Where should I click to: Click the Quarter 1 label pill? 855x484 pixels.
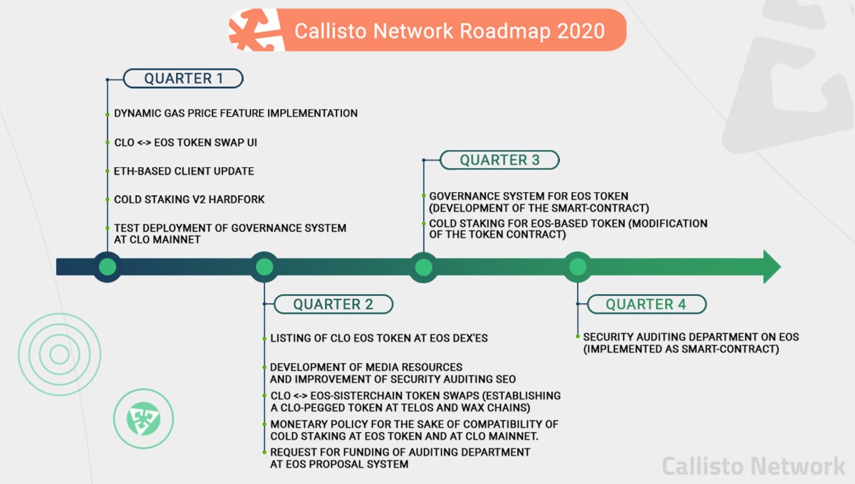tap(183, 78)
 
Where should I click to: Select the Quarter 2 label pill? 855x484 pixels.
tap(333, 304)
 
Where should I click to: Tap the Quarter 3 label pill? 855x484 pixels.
tap(499, 160)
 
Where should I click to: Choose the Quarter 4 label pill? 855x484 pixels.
tap(647, 304)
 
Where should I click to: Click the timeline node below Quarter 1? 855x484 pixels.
tap(108, 267)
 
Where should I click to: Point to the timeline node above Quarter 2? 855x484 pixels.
tap(264, 267)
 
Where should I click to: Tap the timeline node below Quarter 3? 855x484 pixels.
tap(424, 267)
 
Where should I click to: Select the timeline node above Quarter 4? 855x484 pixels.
tap(578, 267)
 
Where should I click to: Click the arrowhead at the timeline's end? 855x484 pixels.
tap(772, 267)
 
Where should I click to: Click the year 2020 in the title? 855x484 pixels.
tap(581, 31)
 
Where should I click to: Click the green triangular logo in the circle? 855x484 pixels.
tap(143, 419)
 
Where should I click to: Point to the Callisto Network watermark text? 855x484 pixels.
tap(754, 466)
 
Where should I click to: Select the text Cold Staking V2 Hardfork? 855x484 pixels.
tap(190, 199)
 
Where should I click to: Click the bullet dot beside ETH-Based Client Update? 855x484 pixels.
tap(108, 172)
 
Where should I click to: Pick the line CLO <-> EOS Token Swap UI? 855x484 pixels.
tap(185, 142)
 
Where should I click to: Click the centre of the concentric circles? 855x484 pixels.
tap(60, 354)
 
